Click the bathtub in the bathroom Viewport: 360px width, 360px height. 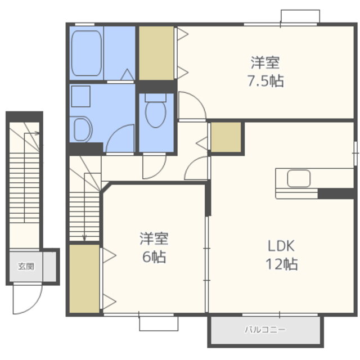(x=86, y=53)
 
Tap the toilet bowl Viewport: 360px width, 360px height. (x=156, y=114)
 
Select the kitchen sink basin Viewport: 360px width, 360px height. (x=299, y=178)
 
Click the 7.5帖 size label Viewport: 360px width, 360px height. (x=265, y=81)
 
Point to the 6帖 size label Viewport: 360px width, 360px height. (x=154, y=257)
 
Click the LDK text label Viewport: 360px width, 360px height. (x=281, y=246)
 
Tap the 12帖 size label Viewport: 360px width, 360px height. (x=282, y=264)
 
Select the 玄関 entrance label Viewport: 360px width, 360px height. (x=26, y=266)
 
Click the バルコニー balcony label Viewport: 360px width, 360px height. (x=265, y=330)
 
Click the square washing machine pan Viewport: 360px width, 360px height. (x=80, y=96)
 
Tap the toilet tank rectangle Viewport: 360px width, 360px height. (x=156, y=97)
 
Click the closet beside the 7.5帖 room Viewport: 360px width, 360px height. (x=156, y=53)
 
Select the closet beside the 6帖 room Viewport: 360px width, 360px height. (x=84, y=278)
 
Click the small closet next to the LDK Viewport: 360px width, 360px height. (x=226, y=137)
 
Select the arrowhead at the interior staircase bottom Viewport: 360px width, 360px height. (x=84, y=238)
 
